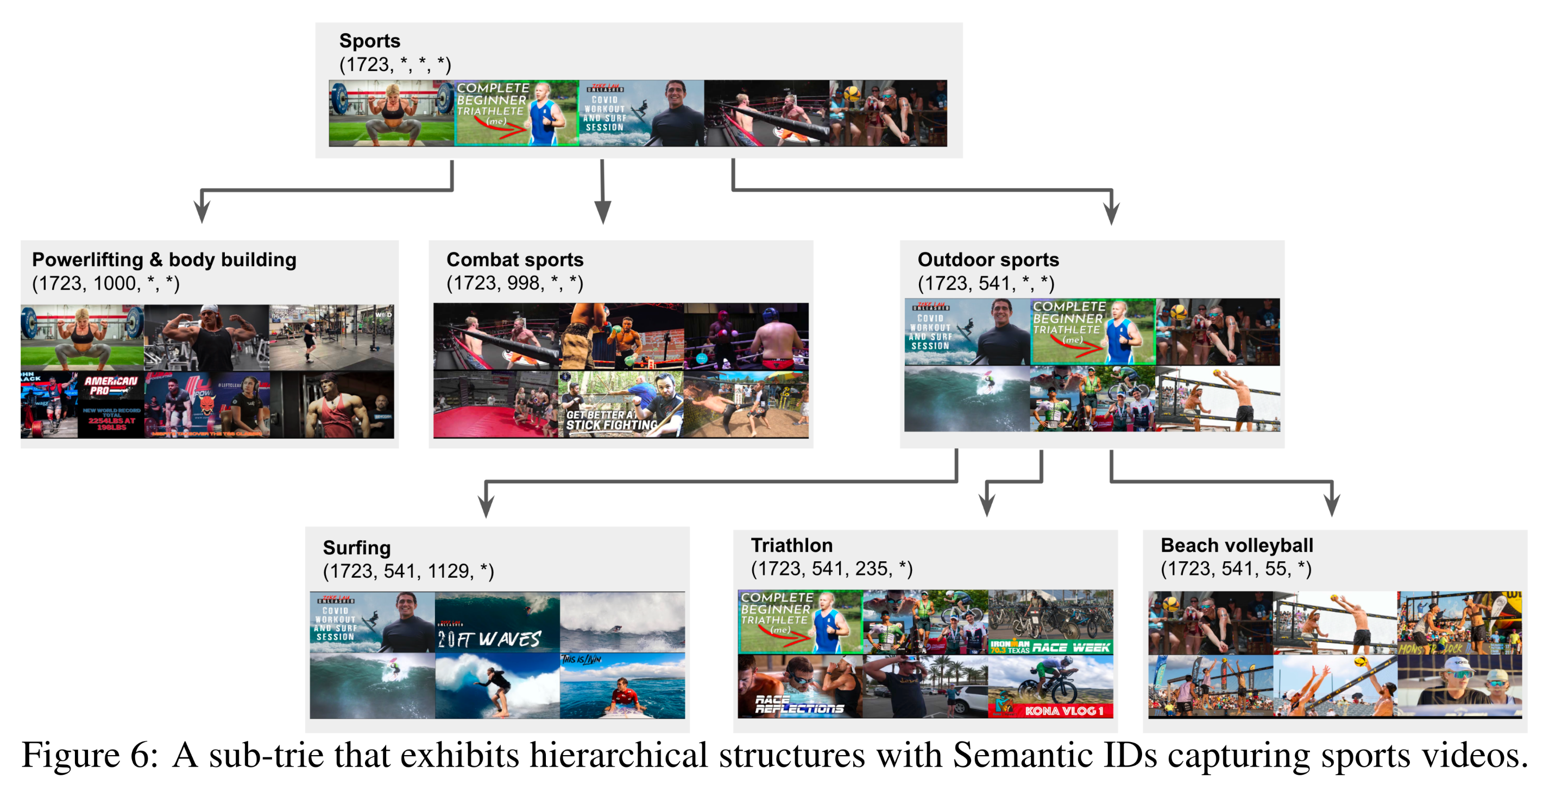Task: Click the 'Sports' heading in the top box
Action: (x=369, y=41)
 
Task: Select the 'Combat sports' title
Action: (x=515, y=259)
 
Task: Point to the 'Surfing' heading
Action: (x=356, y=548)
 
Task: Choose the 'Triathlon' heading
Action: (x=791, y=545)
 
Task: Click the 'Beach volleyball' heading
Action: (x=1237, y=545)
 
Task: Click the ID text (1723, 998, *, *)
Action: (x=515, y=283)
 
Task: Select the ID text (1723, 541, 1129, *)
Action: (x=408, y=571)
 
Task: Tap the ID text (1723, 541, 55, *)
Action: (x=1236, y=569)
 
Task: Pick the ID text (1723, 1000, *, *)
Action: (x=106, y=283)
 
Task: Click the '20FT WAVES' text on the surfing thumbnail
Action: (x=489, y=639)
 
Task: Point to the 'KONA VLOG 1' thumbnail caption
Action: (x=1064, y=711)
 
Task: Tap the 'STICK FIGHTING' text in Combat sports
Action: (x=612, y=425)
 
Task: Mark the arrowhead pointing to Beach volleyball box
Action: (x=1332, y=504)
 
